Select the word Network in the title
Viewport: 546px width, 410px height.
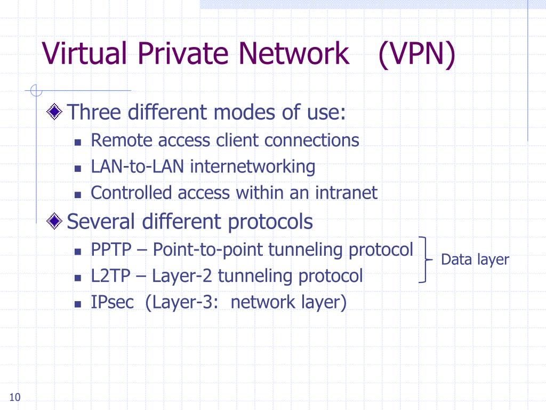tap(293, 54)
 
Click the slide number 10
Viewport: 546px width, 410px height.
tap(15, 397)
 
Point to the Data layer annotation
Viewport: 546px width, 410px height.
tap(475, 260)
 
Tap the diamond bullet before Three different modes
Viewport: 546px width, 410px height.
tap(55, 112)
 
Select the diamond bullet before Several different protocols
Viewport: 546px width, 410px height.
tap(55, 220)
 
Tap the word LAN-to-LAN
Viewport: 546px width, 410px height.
tap(138, 167)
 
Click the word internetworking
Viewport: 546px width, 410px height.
tap(253, 167)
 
